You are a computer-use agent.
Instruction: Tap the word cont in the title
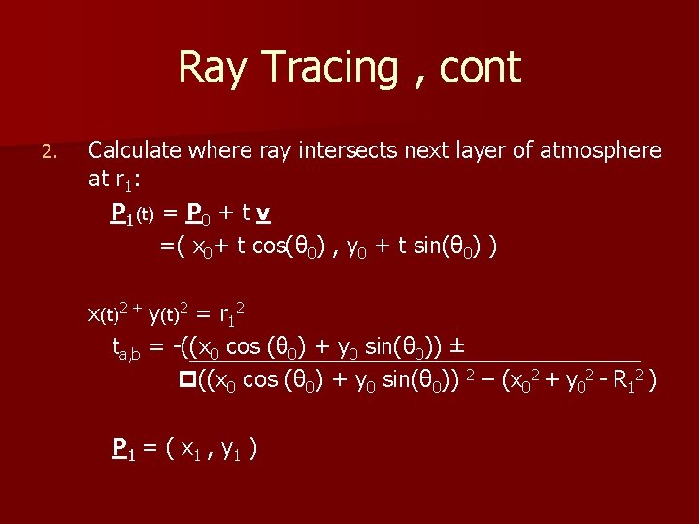[x=481, y=68]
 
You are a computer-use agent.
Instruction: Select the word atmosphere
[x=602, y=150]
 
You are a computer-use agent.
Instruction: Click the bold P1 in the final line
[x=122, y=448]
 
